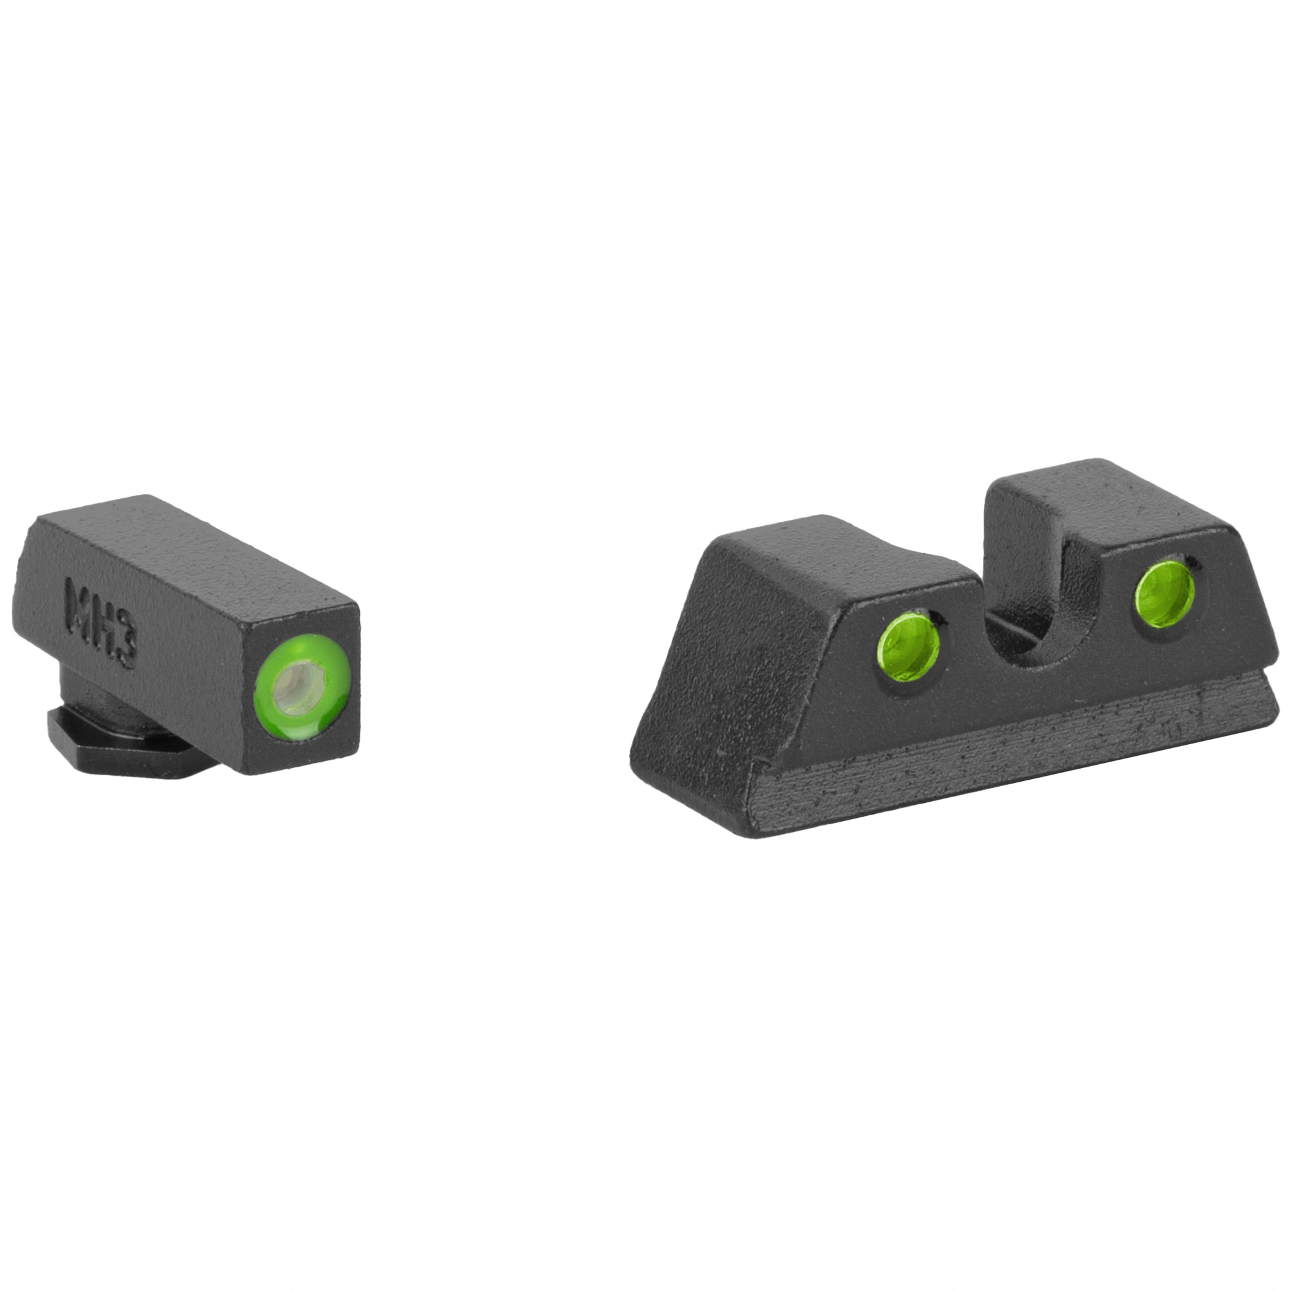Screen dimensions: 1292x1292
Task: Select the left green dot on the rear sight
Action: (908, 647)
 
